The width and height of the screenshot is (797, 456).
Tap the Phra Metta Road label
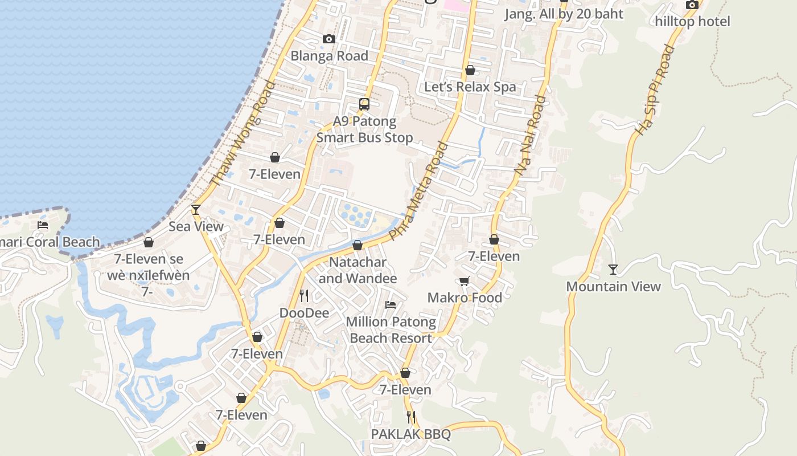pos(417,191)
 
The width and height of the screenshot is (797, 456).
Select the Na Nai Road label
pos(530,135)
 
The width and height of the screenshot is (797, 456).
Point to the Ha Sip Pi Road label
pos(655,90)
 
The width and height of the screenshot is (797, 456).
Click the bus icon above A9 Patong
pos(364,104)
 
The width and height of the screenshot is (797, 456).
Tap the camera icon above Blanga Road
pos(328,39)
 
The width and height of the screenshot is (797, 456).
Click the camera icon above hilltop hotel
pos(692,5)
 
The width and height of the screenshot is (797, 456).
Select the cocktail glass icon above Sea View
pos(196,210)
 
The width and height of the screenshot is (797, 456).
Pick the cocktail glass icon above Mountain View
pos(613,270)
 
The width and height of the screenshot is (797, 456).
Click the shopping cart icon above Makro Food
pos(464,281)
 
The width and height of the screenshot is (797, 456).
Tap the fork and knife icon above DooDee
pos(304,295)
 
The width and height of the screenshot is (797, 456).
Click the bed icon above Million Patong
pos(391,305)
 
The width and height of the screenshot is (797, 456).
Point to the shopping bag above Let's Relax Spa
pos(470,70)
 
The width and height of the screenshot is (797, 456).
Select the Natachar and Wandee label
pos(358,271)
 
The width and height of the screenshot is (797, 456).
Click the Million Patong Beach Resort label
pos(391,330)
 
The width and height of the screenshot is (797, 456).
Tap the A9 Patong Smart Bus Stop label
pos(364,129)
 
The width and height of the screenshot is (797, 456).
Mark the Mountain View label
pos(613,287)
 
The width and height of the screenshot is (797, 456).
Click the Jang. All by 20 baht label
pos(564,14)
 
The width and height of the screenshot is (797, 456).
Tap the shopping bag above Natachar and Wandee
pos(358,246)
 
